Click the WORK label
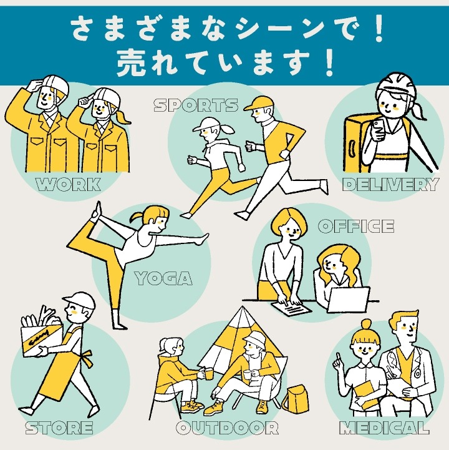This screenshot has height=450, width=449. coord(69,184)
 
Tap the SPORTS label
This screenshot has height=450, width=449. coord(196,105)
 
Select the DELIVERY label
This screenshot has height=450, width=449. coord(390,185)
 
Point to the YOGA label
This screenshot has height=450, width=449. coord(163,278)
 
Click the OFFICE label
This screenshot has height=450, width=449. coord(355,226)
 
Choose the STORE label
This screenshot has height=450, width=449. coord(59,428)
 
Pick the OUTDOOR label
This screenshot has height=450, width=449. coord(227,428)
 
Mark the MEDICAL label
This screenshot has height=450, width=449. coord(384,428)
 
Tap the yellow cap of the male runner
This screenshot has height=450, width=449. coord(258,104)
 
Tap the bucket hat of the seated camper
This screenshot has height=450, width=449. coord(254,337)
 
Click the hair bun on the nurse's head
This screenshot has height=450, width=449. coord(366,325)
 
